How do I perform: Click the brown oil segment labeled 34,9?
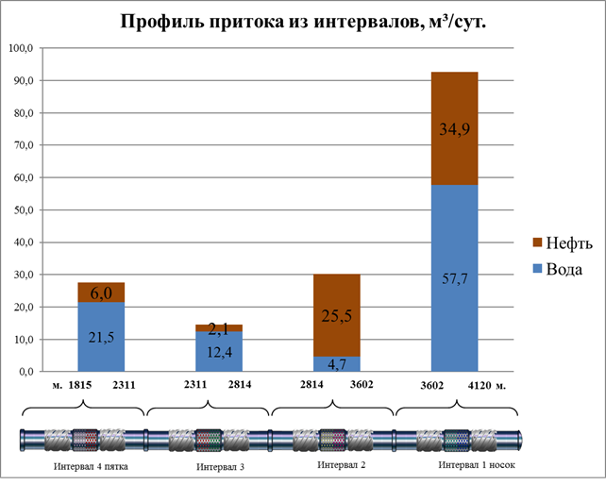[454, 128]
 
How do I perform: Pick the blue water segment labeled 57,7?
[454, 277]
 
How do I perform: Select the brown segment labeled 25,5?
[337, 315]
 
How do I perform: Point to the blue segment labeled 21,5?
[102, 337]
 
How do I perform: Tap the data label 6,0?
[102, 293]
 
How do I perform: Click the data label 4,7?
[337, 362]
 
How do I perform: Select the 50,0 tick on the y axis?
[22, 209]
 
